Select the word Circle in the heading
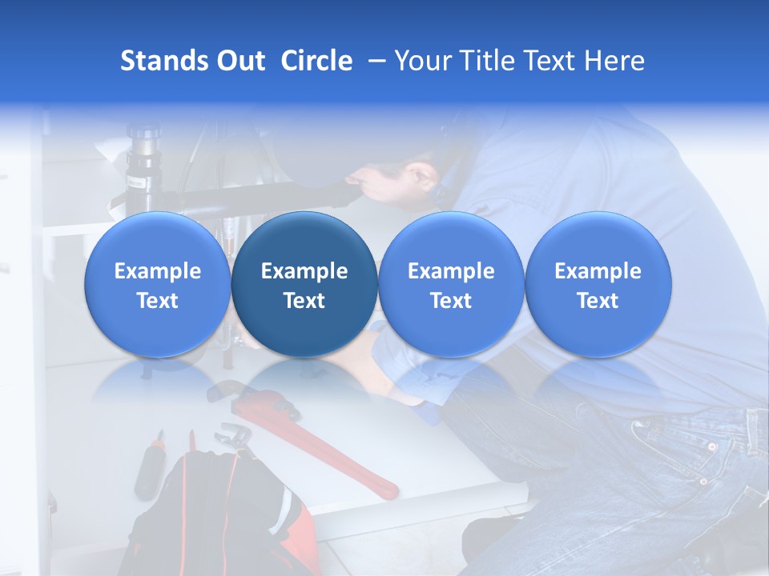[x=316, y=61]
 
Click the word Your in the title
[x=420, y=61]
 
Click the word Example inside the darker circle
[x=304, y=271]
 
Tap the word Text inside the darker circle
[x=304, y=301]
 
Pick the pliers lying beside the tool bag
[x=232, y=436]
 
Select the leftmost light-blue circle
[x=158, y=284]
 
